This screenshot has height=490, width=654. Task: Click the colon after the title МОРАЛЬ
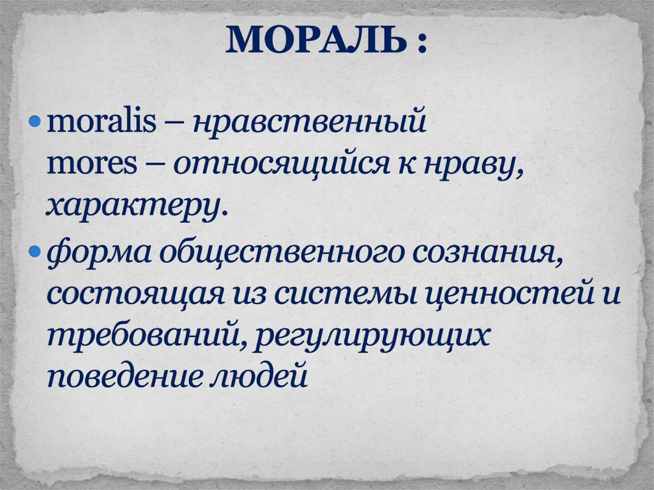[x=422, y=43]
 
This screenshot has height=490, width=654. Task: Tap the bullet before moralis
[x=36, y=122]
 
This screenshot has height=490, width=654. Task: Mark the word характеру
[x=136, y=207]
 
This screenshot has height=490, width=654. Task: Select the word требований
[x=141, y=336]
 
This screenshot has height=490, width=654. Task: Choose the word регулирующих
[x=372, y=337]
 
